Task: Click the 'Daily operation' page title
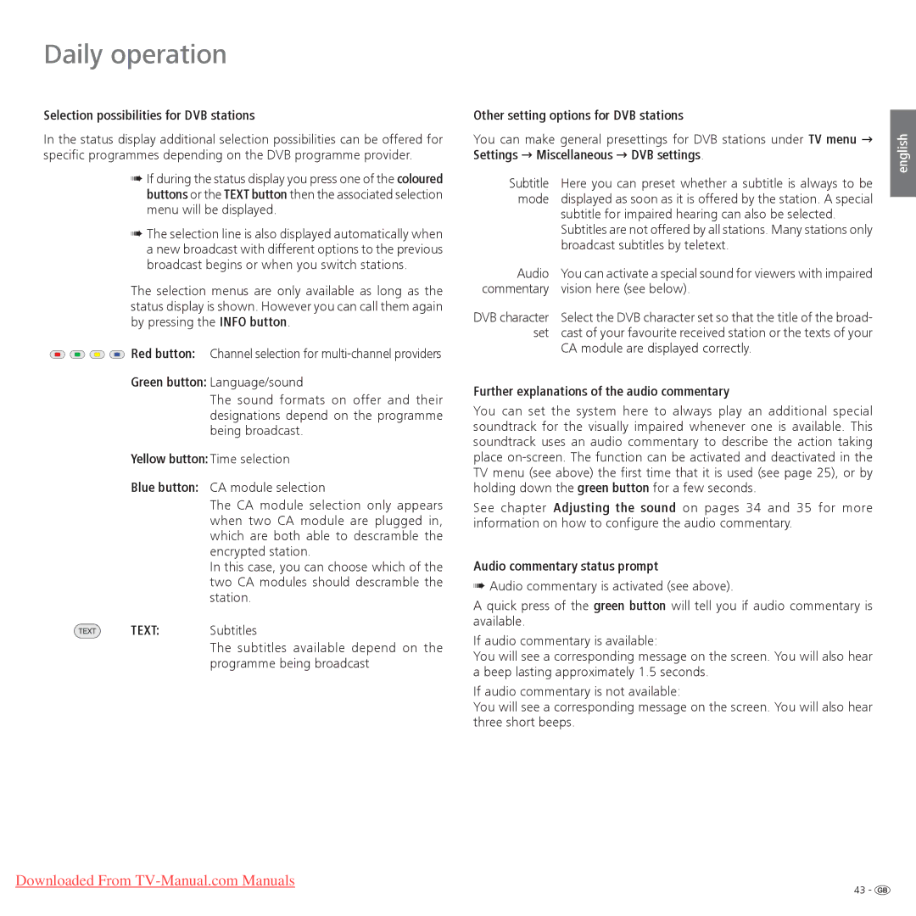click(135, 54)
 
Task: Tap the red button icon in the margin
click(57, 354)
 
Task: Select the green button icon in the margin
click(76, 354)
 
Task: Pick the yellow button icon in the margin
click(97, 354)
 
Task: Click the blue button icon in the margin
click(117, 354)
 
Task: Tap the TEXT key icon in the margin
click(87, 631)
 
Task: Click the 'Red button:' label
click(163, 354)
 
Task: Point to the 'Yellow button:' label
click(169, 459)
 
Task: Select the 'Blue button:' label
click(165, 488)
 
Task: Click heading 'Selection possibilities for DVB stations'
click(149, 115)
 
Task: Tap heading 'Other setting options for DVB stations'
click(578, 115)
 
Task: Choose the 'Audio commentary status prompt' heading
click(566, 567)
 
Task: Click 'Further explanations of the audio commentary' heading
click(601, 392)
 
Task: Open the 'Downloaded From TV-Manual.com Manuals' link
click(155, 880)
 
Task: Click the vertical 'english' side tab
click(902, 153)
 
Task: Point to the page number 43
click(859, 890)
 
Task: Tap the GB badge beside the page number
click(882, 890)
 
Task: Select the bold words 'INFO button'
click(253, 322)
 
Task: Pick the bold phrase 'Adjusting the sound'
click(614, 508)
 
